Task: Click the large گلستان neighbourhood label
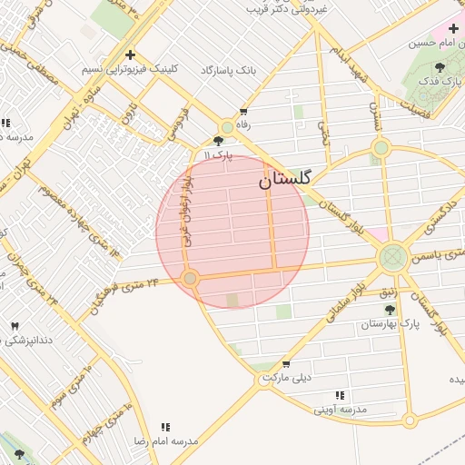pyautogui.click(x=284, y=180)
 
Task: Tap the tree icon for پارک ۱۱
pyautogui.click(x=218, y=141)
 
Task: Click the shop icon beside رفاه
pyautogui.click(x=242, y=112)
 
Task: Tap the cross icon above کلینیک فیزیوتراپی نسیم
pyautogui.click(x=131, y=54)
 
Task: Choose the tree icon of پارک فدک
pyautogui.click(x=440, y=67)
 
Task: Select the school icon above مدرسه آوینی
pyautogui.click(x=340, y=395)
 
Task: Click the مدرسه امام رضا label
pyautogui.click(x=166, y=440)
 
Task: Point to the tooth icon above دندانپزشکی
pyautogui.click(x=15, y=325)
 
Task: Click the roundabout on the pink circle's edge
pyautogui.click(x=190, y=278)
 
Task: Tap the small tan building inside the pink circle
pyautogui.click(x=232, y=300)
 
